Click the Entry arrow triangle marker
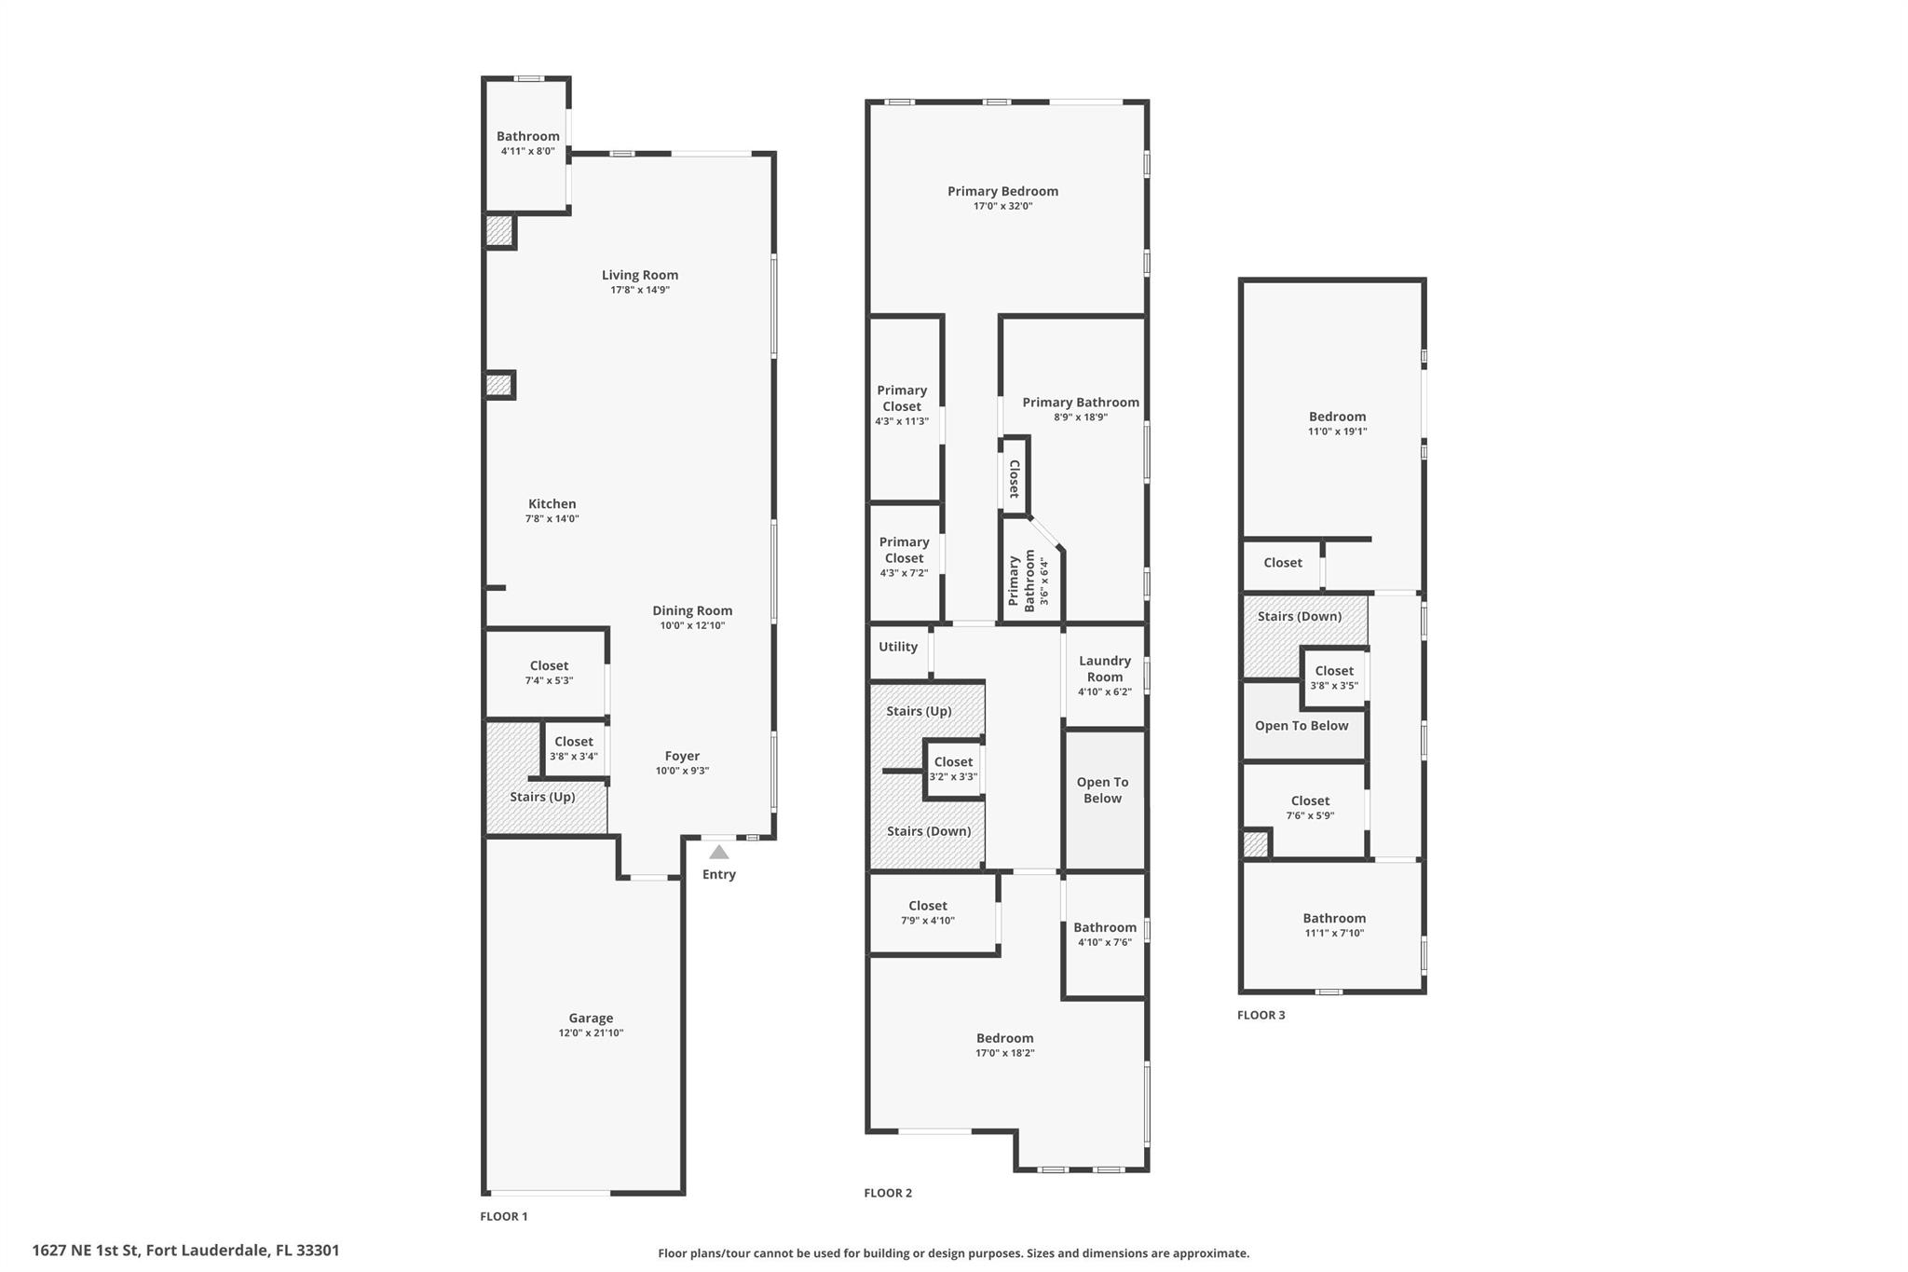click(718, 852)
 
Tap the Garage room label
click(591, 1018)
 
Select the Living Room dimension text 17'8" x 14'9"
click(639, 290)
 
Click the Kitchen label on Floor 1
click(552, 503)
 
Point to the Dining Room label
click(691, 610)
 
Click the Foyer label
click(682, 756)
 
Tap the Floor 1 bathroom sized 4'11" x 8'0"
click(527, 142)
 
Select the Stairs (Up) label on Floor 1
click(542, 797)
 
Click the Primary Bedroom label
click(1002, 191)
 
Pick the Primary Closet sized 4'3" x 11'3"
click(902, 404)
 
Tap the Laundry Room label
click(1104, 668)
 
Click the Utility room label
click(898, 647)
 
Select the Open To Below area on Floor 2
click(1102, 790)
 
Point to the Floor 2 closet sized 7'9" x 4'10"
click(927, 911)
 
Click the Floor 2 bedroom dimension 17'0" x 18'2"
click(1004, 1053)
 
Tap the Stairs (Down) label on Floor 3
click(1299, 616)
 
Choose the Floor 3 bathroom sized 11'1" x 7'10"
click(1333, 924)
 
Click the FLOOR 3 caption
click(1261, 1015)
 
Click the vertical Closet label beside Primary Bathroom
click(1015, 478)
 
